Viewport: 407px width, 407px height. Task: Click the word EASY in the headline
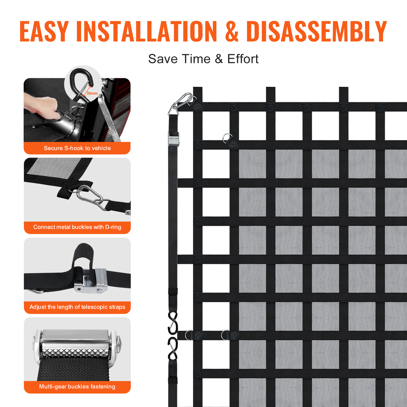44,31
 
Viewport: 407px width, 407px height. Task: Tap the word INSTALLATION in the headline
147,31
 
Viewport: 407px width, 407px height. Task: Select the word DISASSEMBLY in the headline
316,31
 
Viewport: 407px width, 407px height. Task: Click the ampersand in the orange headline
232,31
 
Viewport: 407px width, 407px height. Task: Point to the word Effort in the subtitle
243,59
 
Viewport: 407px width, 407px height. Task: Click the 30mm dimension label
92,93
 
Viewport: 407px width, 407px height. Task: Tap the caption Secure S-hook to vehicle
77,148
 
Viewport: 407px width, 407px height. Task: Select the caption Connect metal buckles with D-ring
77,227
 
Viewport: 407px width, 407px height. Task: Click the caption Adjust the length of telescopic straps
77,307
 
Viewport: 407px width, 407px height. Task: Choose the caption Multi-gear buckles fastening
77,387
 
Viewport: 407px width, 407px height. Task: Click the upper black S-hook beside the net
173,323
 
